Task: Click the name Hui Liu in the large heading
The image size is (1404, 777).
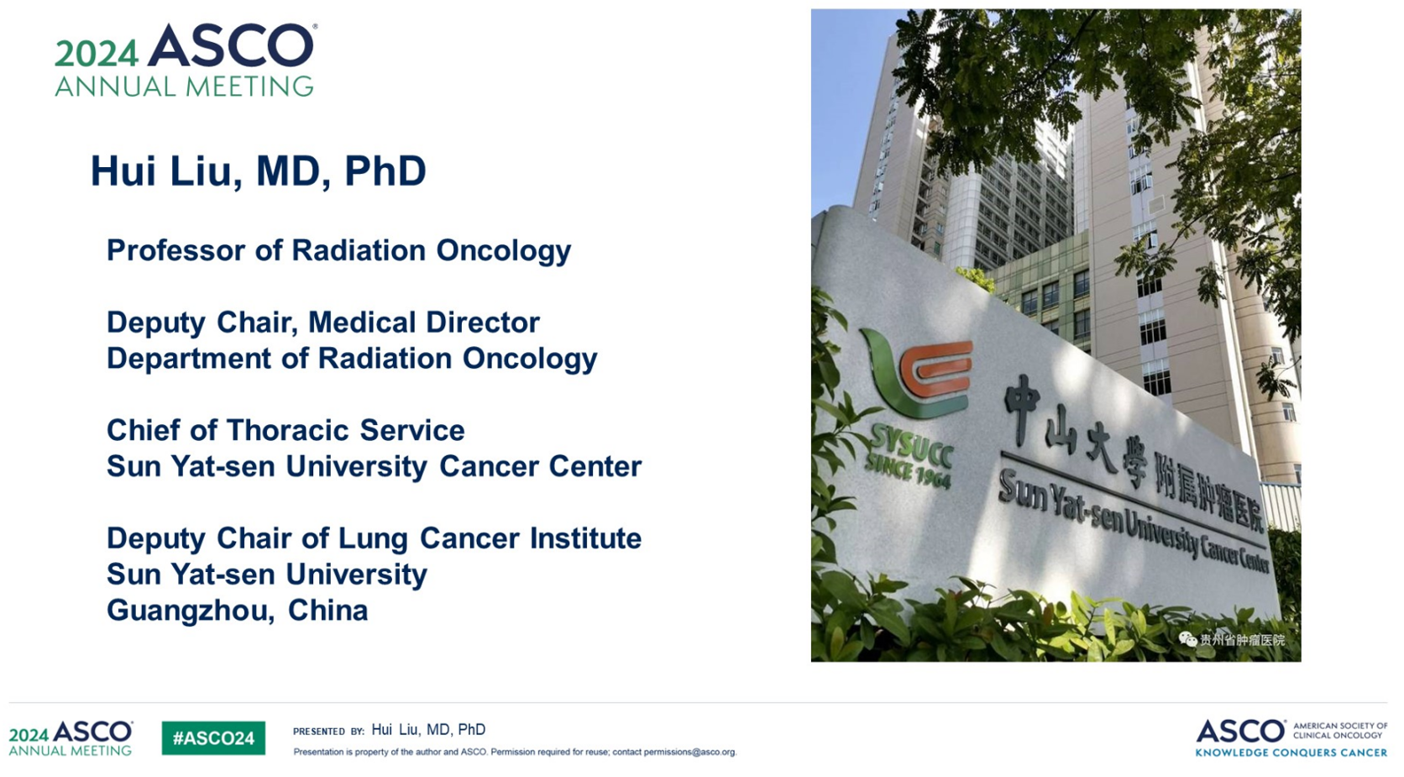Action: pos(166,171)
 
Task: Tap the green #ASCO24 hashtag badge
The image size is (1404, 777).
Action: pos(213,738)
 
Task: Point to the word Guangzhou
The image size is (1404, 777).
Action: pos(191,611)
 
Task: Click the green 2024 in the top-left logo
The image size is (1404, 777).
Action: pos(96,54)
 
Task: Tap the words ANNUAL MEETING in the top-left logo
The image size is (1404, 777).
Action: pos(184,86)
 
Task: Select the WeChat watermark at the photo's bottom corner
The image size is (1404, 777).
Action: pos(1232,640)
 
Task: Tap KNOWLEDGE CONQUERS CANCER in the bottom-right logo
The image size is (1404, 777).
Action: pos(1291,753)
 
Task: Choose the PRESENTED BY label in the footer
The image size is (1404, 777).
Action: pos(328,732)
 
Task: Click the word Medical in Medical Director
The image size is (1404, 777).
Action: pos(362,323)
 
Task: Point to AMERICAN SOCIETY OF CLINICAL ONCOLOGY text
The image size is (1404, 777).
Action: pos(1340,731)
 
